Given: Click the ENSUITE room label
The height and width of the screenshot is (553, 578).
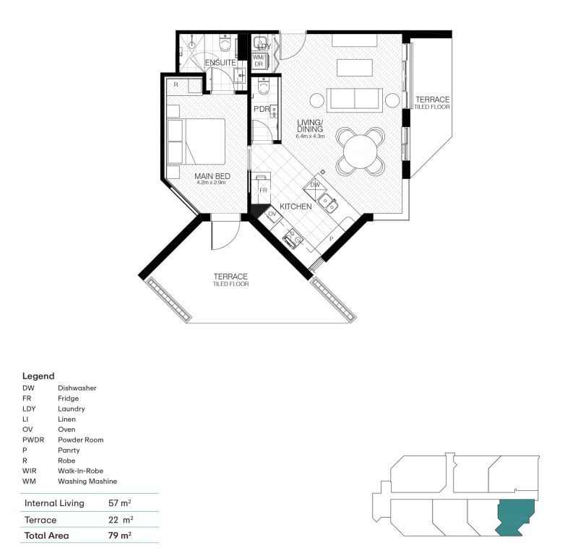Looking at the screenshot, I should [220, 64].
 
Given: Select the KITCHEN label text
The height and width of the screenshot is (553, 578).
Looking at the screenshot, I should [296, 206].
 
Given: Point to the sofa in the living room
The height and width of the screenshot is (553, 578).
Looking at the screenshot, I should [355, 99].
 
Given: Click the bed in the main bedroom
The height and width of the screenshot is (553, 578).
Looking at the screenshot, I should [197, 141].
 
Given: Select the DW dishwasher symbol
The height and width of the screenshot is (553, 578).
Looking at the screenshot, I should [315, 186].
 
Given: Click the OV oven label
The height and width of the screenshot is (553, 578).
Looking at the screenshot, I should [272, 214].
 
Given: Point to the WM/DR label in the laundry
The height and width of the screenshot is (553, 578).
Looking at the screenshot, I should [259, 60].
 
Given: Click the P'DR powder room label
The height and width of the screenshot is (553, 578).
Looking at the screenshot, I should [261, 109].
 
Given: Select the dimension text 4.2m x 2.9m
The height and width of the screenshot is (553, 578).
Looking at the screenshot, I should [211, 183].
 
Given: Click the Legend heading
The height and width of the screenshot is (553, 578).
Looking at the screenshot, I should [38, 376].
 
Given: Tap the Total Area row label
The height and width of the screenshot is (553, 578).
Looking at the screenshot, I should [48, 536].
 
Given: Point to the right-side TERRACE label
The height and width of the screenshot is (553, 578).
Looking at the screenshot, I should [432, 100].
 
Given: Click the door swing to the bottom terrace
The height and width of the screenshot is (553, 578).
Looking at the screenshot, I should [223, 235].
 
